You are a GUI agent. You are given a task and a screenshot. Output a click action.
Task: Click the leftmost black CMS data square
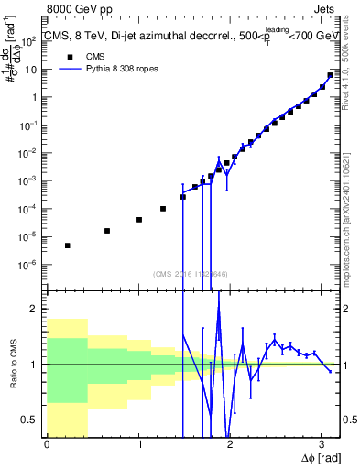68,245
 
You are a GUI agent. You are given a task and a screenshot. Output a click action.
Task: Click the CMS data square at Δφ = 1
138,220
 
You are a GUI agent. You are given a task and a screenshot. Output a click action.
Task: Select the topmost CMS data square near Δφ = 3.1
330,75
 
